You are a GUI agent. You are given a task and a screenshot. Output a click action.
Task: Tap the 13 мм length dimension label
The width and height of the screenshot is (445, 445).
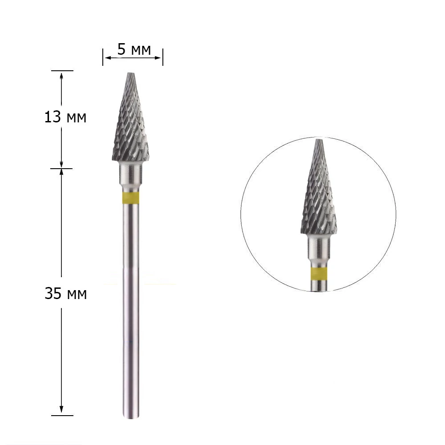(65, 117)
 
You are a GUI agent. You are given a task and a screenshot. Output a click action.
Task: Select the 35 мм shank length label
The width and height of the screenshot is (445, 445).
(65, 293)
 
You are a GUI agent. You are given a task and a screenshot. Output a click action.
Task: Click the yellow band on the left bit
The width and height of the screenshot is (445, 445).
(131, 198)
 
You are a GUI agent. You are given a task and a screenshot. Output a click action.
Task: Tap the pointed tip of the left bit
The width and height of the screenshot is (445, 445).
(130, 73)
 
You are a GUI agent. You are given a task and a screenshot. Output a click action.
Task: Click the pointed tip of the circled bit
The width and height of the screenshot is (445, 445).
(319, 139)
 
